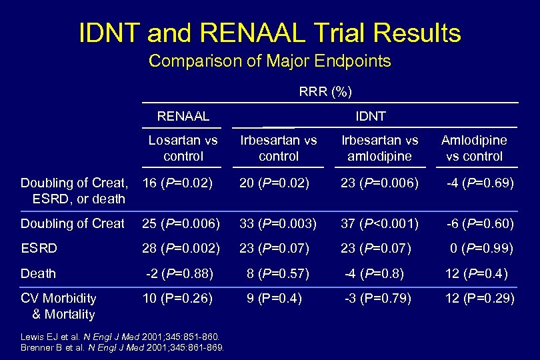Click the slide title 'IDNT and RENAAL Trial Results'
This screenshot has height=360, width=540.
tap(269, 32)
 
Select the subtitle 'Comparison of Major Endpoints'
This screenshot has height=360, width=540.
tap(269, 62)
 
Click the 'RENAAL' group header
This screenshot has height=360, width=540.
tap(183, 116)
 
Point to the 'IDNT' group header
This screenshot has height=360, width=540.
tap(371, 116)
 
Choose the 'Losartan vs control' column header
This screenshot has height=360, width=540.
tap(183, 148)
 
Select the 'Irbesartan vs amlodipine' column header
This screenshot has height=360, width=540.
tap(380, 148)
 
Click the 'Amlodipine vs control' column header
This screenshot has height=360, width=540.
tap(474, 148)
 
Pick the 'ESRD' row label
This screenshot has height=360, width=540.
tap(39, 248)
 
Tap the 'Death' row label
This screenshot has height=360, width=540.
tap(39, 273)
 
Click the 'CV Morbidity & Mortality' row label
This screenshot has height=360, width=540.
tap(59, 306)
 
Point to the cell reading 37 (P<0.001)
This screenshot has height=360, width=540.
tap(380, 223)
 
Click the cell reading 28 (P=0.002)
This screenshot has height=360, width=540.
tap(181, 248)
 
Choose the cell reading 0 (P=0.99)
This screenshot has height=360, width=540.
tap(480, 248)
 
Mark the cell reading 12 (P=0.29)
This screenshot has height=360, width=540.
tap(479, 298)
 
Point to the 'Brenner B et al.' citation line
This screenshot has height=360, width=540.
tap(123, 347)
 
